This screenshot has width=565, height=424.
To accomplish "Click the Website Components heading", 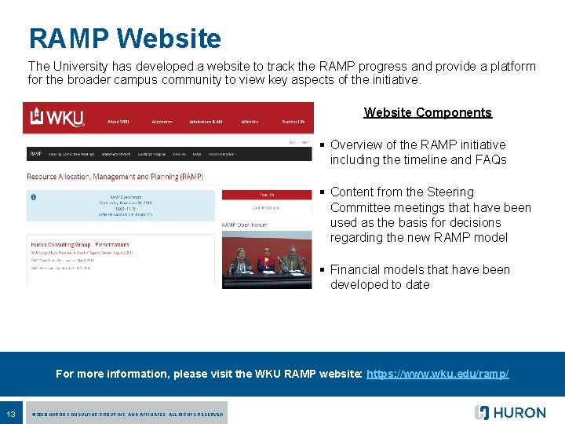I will coord(428,112).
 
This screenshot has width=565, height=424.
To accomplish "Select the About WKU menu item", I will coord(118,122).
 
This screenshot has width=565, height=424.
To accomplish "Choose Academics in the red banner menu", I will coord(162,122).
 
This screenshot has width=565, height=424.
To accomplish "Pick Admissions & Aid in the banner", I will coord(206,122).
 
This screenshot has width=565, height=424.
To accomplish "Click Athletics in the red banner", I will coord(250,122).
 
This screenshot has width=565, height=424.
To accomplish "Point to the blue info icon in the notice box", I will coord(33,196).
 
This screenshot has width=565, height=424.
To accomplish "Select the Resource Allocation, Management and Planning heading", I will coord(115,177).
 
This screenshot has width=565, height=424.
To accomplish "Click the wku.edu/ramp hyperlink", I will coord(438,374).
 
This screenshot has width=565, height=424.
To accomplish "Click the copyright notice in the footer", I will coord(126,414).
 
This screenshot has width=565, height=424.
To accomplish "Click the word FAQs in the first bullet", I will coord(490,160).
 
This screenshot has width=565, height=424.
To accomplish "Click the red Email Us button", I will coord(267,194).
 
